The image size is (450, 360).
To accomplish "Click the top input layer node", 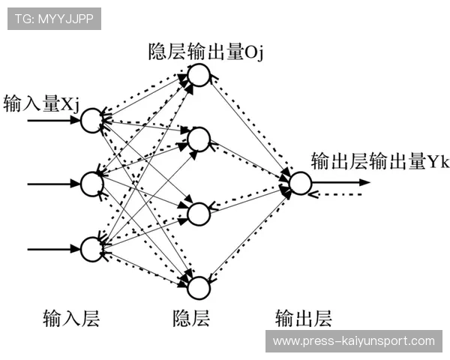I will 91,118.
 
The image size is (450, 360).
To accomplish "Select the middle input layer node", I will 91,182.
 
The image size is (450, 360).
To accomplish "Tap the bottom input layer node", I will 91,248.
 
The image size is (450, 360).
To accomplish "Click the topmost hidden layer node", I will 198,74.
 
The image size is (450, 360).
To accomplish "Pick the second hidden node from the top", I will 198,139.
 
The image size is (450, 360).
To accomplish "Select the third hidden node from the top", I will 198,213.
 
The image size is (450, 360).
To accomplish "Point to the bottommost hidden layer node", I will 198,286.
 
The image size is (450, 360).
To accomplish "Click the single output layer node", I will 298,183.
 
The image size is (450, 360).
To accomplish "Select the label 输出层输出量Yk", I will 379,161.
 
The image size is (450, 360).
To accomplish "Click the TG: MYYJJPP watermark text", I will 53,19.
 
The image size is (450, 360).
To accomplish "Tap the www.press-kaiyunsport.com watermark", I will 353,341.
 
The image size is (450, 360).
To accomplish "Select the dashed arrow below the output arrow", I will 337,194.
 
